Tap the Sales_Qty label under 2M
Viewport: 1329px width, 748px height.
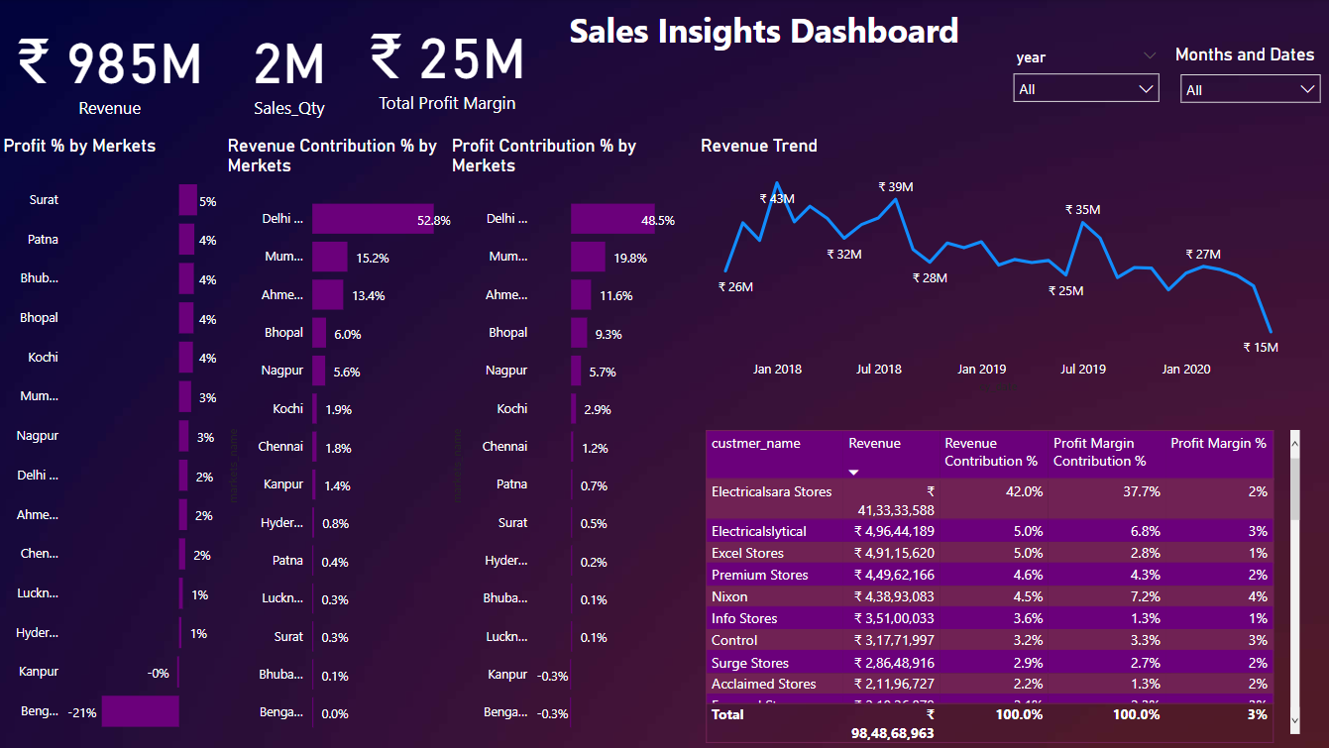click(288, 109)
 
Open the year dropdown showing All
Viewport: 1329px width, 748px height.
click(1086, 89)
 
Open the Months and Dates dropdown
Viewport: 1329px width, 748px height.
click(1250, 90)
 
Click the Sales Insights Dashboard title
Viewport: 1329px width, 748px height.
click(763, 31)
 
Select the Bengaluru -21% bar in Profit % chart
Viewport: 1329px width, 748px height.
click(140, 710)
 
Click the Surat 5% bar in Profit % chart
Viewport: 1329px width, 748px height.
click(187, 200)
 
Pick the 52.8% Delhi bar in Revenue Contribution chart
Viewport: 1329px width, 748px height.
click(373, 219)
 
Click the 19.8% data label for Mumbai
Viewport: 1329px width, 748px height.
click(629, 258)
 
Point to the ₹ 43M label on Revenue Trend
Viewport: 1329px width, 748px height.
click(777, 198)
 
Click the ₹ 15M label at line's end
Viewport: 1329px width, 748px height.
click(1261, 347)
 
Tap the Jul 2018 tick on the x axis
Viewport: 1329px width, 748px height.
click(879, 370)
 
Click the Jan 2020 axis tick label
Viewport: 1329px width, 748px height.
click(1185, 370)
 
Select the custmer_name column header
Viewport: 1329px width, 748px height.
click(755, 444)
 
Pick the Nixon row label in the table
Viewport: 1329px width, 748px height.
click(729, 596)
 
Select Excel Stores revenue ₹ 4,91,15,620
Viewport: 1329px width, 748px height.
click(894, 553)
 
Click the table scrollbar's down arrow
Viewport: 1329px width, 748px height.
click(1294, 720)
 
